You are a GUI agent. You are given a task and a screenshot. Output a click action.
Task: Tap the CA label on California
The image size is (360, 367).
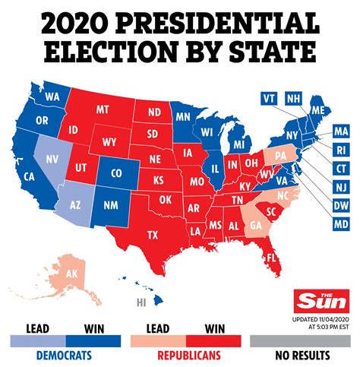click(x=32, y=177)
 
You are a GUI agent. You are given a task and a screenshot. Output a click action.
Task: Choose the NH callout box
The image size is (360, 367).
click(x=295, y=99)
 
